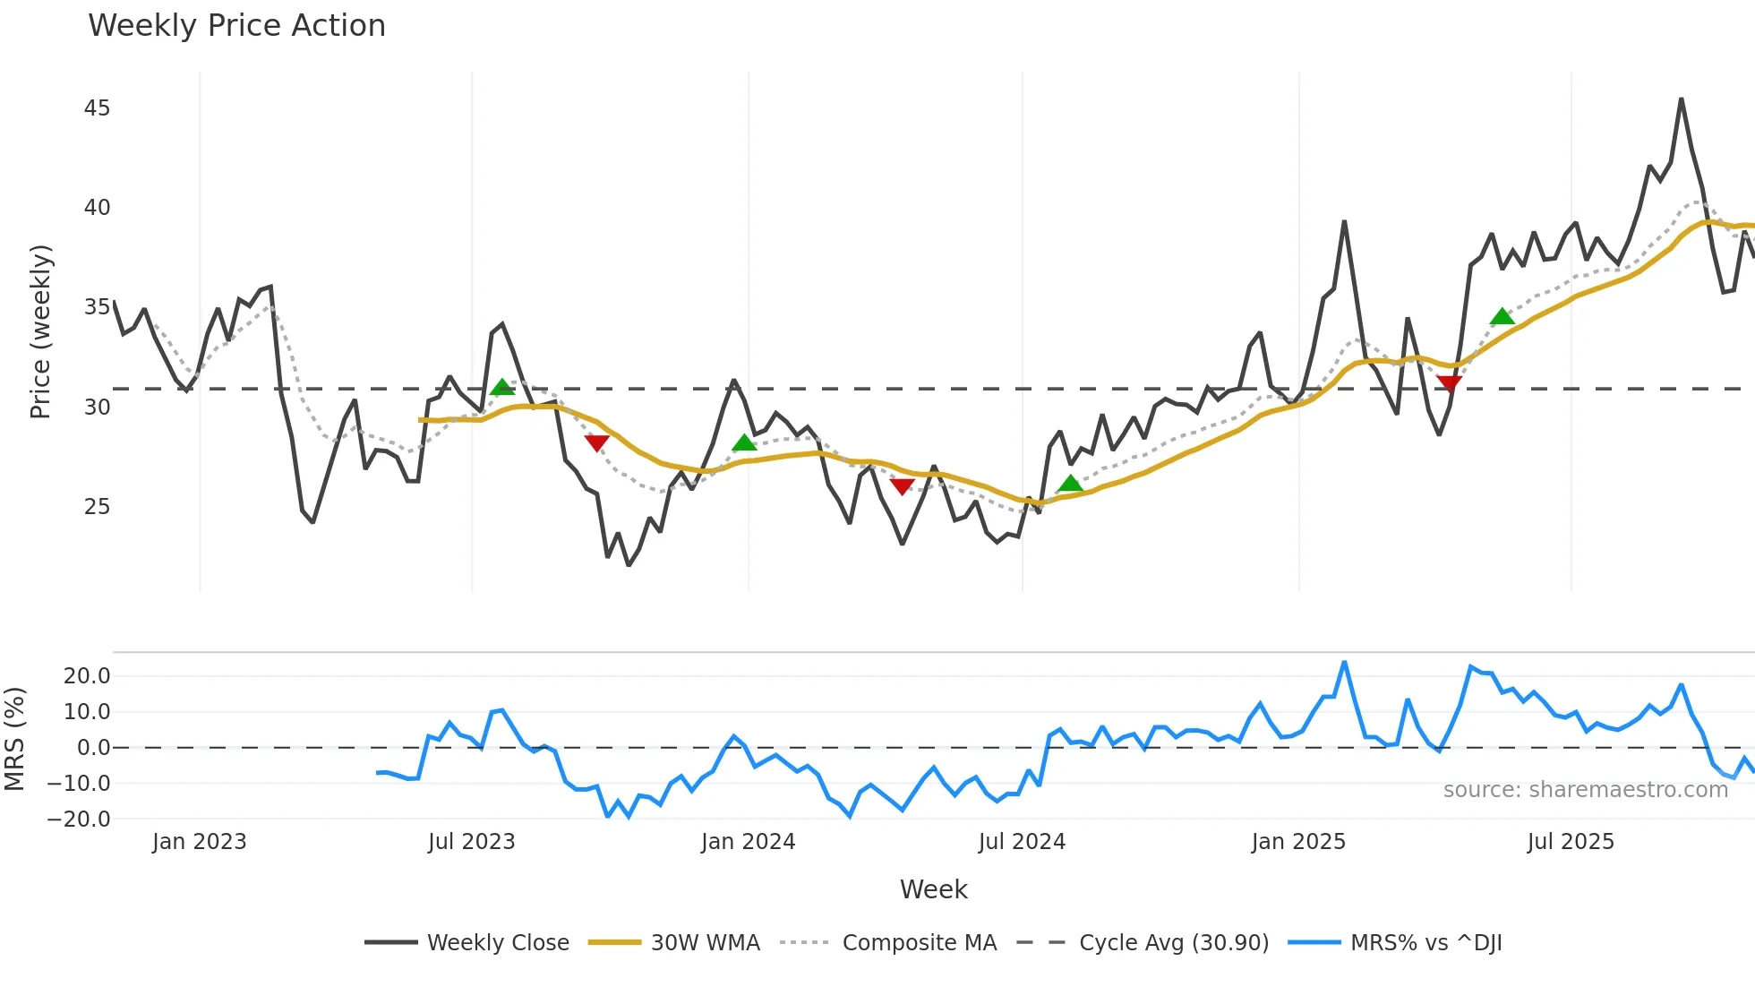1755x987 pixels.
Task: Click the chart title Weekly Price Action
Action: [x=236, y=26]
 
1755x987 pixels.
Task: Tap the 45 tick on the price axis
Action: [x=97, y=108]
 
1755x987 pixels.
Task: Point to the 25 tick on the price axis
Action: [x=97, y=507]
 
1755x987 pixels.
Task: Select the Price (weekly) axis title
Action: [x=41, y=331]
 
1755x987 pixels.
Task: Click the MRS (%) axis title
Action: [x=14, y=739]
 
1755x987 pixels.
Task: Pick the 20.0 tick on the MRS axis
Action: [x=87, y=676]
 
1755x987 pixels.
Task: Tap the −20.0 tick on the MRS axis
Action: [x=79, y=820]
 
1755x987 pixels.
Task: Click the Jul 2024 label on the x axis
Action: [x=1022, y=842]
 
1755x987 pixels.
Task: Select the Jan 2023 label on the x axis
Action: [x=199, y=842]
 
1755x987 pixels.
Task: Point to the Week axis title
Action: [x=933, y=889]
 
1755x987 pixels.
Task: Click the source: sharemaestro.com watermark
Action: [x=1585, y=790]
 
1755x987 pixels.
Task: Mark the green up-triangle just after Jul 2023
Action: [x=502, y=387]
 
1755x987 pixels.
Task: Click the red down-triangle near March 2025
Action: [x=1449, y=384]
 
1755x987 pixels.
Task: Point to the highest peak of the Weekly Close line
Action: [x=1681, y=99]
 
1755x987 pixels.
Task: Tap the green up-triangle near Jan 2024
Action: [x=744, y=442]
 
